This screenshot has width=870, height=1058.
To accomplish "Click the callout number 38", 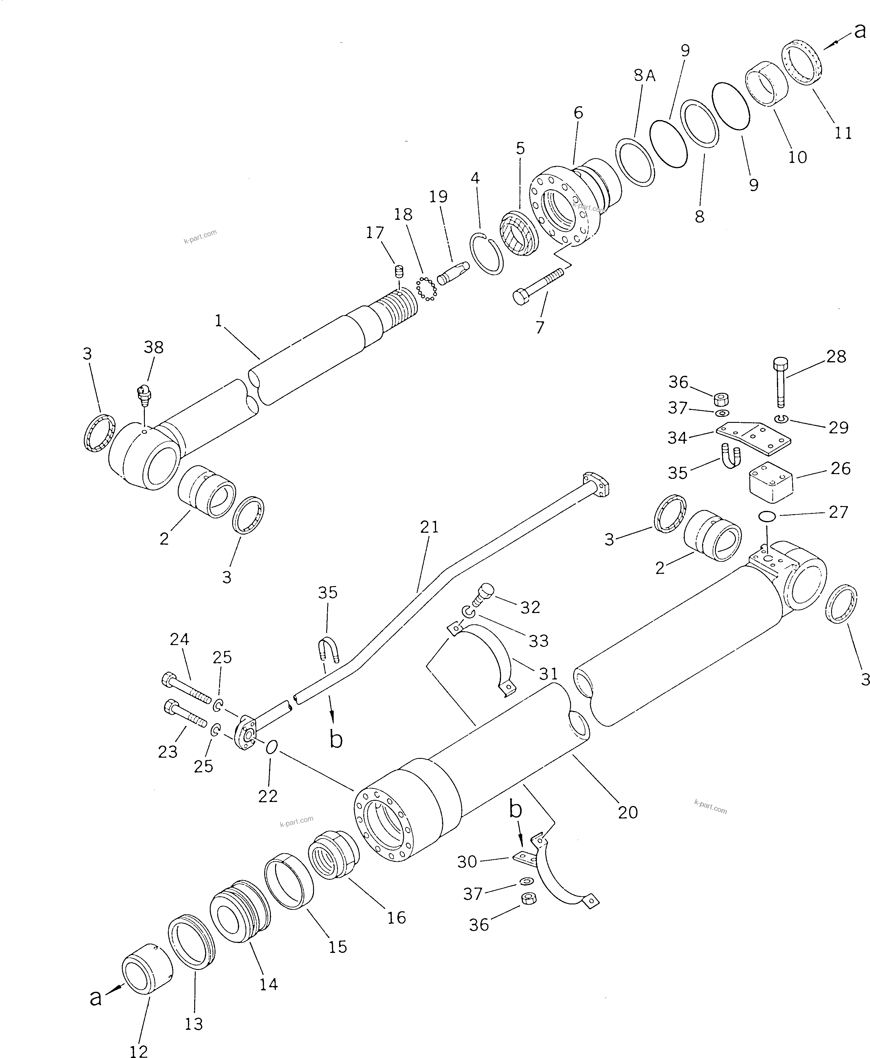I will coord(153,347).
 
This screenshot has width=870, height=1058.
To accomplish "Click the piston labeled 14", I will coord(239,911).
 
